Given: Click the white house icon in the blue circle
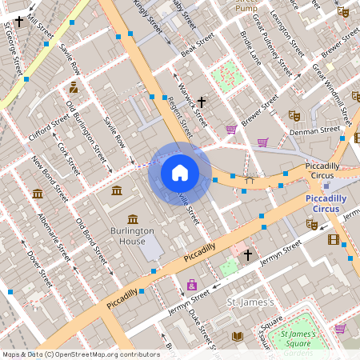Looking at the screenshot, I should (180, 172).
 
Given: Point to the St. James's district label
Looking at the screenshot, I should (250, 302).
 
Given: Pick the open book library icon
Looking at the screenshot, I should (237, 337).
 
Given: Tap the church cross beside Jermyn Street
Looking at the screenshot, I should (248, 255).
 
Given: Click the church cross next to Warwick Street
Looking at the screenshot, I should (202, 102).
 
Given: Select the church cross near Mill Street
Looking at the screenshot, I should (18, 22).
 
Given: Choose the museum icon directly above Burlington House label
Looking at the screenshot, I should (133, 217).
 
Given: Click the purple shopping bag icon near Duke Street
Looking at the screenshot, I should (192, 285).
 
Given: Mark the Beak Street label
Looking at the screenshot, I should (197, 46).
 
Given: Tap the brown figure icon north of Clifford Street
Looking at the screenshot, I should (74, 87).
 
